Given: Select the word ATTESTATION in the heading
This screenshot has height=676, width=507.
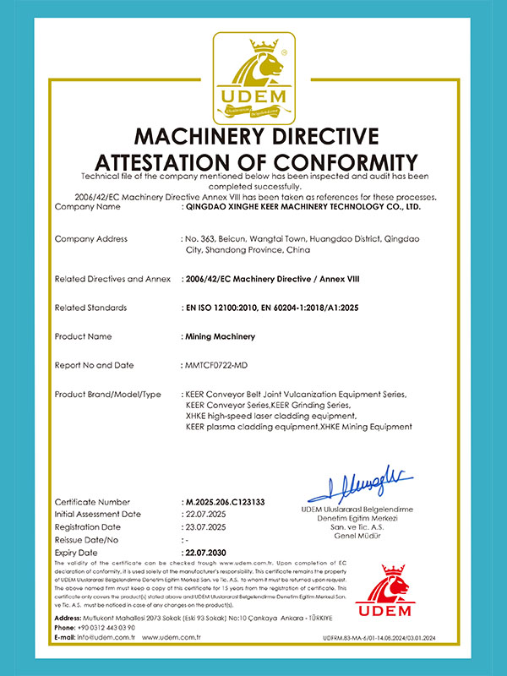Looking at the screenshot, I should (x=170, y=162).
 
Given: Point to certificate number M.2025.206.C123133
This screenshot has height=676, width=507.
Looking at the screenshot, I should (x=225, y=503).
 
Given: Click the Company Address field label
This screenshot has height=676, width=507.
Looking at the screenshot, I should (x=90, y=239).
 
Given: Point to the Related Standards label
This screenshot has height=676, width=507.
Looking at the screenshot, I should (x=90, y=308).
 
